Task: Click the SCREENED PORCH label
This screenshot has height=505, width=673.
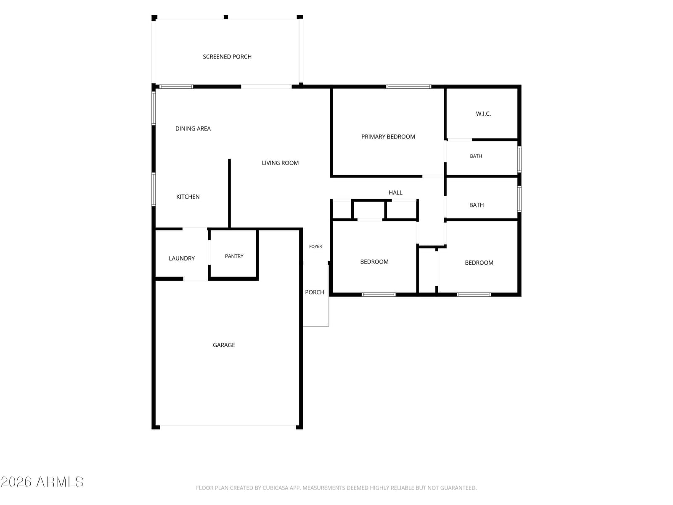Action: (227, 57)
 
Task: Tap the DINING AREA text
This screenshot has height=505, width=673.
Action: (193, 128)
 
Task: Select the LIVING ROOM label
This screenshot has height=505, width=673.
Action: (280, 163)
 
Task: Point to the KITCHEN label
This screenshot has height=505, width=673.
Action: (188, 197)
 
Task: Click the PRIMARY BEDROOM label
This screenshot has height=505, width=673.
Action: (388, 136)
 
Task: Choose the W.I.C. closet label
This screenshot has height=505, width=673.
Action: (483, 114)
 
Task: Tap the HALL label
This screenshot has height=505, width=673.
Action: (395, 193)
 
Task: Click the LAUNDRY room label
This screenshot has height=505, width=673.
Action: (182, 258)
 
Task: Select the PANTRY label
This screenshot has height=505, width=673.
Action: (234, 256)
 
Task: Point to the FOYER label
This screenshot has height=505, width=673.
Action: (315, 246)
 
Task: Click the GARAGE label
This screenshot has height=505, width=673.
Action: (224, 345)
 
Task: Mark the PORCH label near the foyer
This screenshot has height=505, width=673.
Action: (314, 292)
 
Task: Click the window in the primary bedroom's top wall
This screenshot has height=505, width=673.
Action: (408, 87)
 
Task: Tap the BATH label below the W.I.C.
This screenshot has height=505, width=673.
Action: (476, 156)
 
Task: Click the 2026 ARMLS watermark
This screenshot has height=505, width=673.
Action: (42, 482)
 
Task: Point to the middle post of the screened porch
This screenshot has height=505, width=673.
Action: (225, 17)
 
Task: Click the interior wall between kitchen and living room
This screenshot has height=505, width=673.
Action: (229, 194)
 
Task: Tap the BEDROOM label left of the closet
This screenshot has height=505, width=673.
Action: (374, 261)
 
